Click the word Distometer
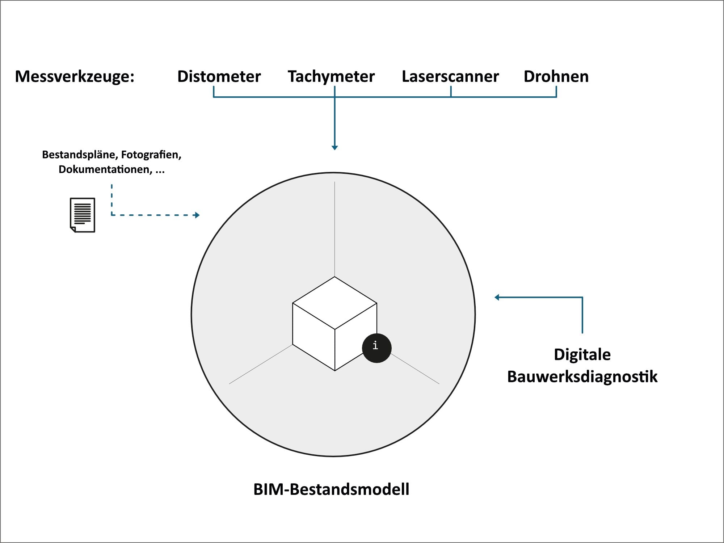[x=219, y=76]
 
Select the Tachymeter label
[x=331, y=76]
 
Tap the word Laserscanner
[x=450, y=76]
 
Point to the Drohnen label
[x=556, y=76]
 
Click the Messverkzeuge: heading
[x=75, y=76]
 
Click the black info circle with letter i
[x=376, y=348]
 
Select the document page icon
[x=83, y=215]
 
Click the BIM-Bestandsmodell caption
[x=331, y=489]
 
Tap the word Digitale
[x=582, y=354]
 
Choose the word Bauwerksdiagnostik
[x=582, y=376]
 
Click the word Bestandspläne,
[x=80, y=155]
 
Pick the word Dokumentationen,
[x=105, y=169]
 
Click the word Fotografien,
[x=151, y=155]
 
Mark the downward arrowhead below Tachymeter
[x=334, y=147]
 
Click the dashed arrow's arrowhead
[x=197, y=215]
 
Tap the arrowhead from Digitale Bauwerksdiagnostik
[x=497, y=298]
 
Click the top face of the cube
[x=334, y=303]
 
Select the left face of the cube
[x=313, y=337]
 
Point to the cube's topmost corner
[x=334, y=277]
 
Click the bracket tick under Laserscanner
[x=451, y=92]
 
